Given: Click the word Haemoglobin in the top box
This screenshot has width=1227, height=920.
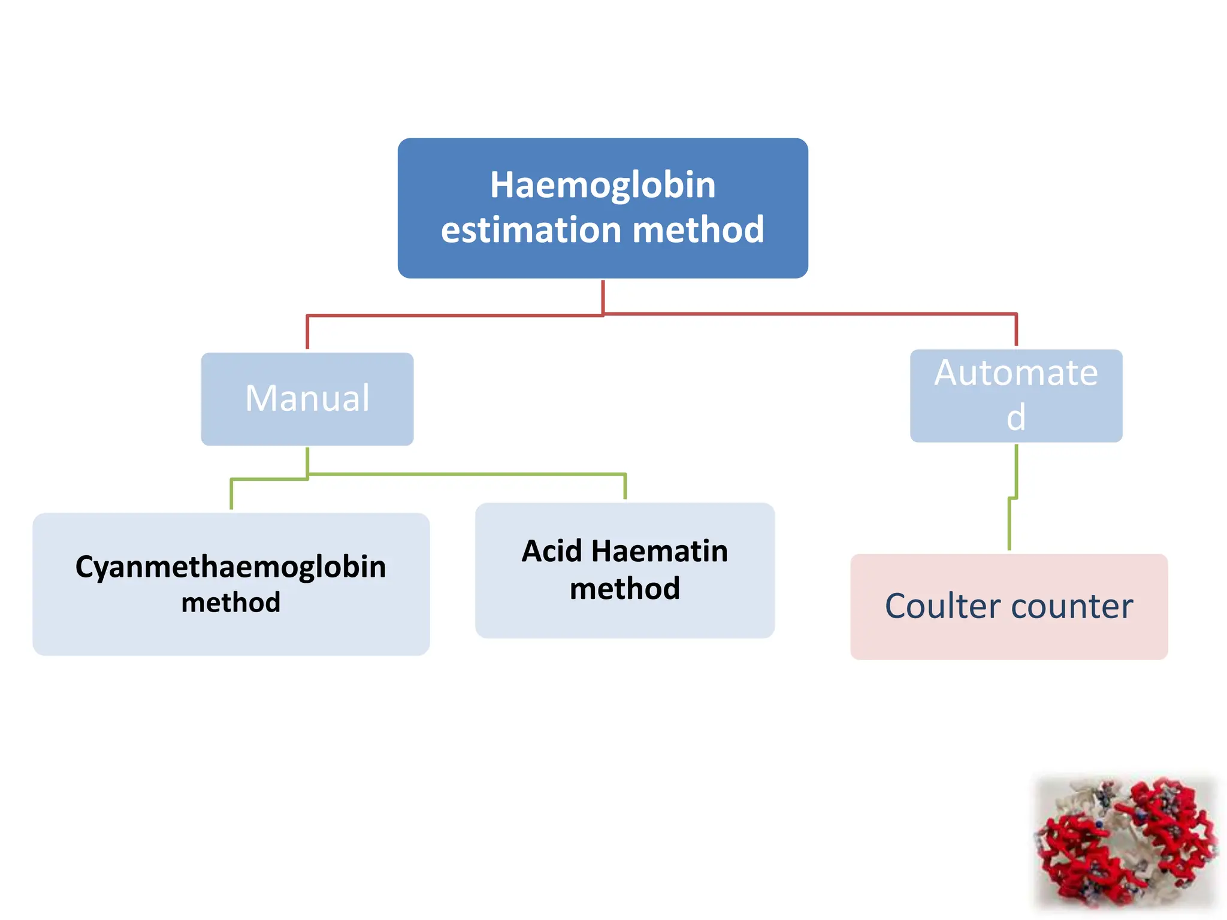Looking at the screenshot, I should (603, 185).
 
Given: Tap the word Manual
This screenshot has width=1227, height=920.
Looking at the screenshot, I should (307, 398).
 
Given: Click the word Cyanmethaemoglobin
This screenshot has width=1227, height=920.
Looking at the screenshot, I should (231, 567).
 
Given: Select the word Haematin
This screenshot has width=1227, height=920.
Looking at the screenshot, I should (659, 551).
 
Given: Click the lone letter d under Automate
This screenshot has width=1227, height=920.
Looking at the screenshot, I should (1016, 417).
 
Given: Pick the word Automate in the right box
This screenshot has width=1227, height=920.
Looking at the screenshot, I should (1016, 373).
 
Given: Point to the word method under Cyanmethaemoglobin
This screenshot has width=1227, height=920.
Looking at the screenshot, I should (231, 603).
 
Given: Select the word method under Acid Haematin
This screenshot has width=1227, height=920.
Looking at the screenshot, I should (625, 589).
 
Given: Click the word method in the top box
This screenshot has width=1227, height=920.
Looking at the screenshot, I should (698, 230).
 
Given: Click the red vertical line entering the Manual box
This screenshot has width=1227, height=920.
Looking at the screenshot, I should (307, 333).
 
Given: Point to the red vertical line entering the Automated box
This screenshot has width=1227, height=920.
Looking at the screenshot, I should (1016, 330).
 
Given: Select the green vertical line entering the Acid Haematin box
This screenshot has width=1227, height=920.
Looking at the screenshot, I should (625, 486).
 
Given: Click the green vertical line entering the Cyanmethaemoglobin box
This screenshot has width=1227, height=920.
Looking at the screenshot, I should (231, 495).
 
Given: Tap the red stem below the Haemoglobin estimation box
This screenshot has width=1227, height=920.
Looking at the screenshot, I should (603, 296).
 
